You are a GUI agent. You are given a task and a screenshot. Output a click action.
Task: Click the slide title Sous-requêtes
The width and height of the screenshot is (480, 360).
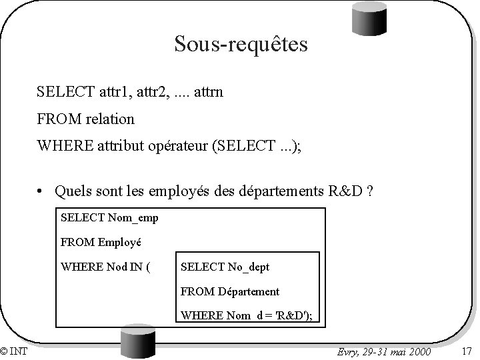(x=241, y=44)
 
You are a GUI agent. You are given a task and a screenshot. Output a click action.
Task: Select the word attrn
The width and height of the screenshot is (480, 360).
(x=207, y=91)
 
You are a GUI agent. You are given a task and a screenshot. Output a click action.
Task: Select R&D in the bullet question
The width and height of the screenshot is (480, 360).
(x=347, y=192)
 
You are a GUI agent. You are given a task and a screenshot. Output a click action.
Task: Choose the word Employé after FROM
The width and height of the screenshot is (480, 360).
(x=121, y=241)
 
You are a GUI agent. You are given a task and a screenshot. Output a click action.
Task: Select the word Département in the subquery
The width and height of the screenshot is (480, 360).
(x=245, y=291)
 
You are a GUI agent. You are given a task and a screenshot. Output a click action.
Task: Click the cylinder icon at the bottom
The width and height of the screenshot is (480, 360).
(x=137, y=343)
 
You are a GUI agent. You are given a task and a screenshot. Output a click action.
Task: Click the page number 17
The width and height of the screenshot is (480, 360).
(x=466, y=351)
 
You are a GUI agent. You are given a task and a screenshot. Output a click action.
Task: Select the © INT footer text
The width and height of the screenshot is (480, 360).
(x=14, y=351)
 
